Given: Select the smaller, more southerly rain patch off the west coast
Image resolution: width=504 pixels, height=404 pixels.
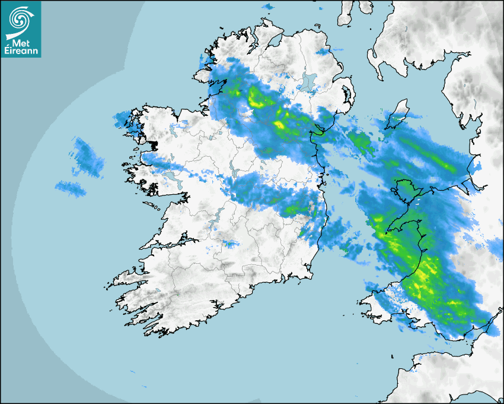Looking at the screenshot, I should pyautogui.click(x=71, y=189).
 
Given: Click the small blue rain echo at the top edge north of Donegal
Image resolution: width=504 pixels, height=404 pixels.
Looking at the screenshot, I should pyautogui.click(x=268, y=7).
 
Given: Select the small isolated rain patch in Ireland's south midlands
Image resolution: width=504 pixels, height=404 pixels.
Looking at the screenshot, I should pyautogui.click(x=228, y=244).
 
